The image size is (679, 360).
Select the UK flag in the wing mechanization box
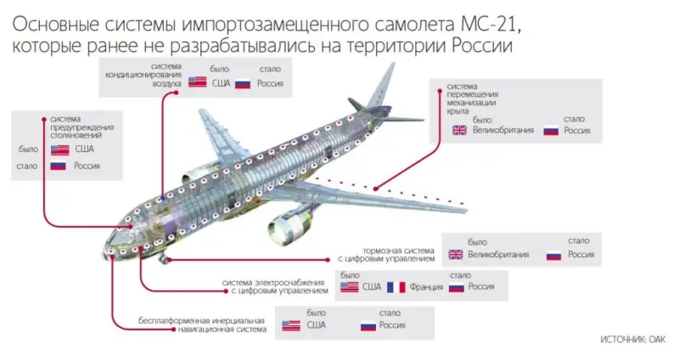[459, 131]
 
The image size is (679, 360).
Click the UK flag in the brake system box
[455, 254]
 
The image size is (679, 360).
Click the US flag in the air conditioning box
[198, 83]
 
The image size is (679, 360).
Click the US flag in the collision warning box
[59, 149]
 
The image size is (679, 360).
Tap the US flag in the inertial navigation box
[290, 325]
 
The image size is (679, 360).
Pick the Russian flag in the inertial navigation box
[368, 325]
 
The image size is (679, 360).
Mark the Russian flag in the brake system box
[553, 254]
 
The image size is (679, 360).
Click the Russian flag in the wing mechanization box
[550, 131]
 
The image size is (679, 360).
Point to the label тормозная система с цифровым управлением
[398, 255]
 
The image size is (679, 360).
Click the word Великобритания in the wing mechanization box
[502, 131]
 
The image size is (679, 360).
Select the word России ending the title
[476, 42]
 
